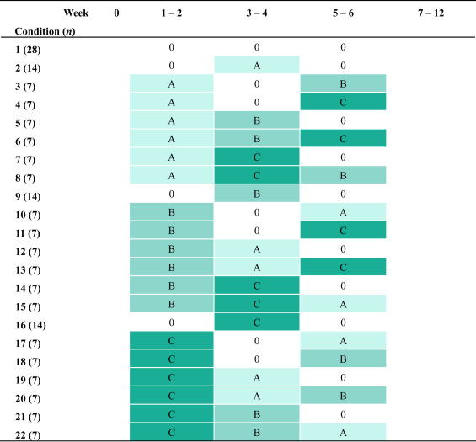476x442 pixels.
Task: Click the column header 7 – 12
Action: point(431,13)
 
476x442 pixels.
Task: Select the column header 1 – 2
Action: point(172,13)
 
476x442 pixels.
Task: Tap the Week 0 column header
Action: point(116,13)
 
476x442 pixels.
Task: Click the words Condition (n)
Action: point(45,31)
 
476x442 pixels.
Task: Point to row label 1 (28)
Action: point(28,50)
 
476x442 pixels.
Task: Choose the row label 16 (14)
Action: point(30,325)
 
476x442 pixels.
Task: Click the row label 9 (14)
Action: point(28,196)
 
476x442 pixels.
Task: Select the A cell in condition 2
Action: point(257,65)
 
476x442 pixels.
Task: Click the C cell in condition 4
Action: point(344,102)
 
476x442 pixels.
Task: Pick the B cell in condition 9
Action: point(257,194)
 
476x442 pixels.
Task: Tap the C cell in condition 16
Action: point(257,322)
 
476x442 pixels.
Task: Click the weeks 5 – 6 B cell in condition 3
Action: point(344,83)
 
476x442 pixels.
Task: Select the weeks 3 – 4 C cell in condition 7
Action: point(257,157)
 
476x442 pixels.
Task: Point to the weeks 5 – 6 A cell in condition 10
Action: point(344,212)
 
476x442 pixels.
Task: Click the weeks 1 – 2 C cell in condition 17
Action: point(172,340)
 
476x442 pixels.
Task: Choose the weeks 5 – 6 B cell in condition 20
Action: point(344,396)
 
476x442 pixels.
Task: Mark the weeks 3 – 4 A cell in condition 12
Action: point(257,248)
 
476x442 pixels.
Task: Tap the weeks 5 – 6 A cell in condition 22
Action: point(344,432)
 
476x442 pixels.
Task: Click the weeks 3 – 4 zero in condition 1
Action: point(257,47)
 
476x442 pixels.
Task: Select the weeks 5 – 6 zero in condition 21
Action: point(343,414)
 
